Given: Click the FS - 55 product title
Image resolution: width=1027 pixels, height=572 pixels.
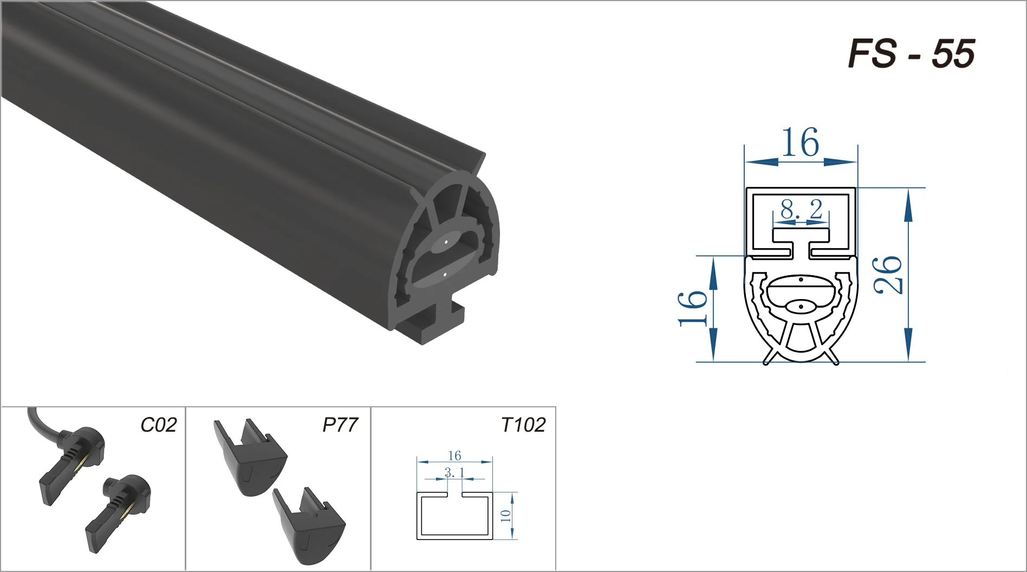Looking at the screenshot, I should [911, 54].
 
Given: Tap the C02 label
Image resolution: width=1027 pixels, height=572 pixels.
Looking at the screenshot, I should [158, 425].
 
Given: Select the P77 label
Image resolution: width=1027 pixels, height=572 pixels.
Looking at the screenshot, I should [340, 425].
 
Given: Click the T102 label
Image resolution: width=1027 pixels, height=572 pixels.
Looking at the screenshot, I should [523, 425].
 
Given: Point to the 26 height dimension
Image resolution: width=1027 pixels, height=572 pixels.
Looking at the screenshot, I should [889, 275].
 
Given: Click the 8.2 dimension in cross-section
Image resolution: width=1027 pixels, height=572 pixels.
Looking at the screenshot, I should [801, 209].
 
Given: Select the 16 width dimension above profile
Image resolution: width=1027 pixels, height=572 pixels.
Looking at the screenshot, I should [800, 143].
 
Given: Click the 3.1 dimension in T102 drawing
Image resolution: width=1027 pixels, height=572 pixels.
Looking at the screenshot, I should [454, 473].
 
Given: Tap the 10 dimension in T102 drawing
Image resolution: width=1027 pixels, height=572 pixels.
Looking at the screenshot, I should [505, 516].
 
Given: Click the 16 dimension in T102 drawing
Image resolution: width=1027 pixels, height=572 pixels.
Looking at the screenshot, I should [454, 456].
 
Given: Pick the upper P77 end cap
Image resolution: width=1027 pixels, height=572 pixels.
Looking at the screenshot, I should [249, 458].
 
